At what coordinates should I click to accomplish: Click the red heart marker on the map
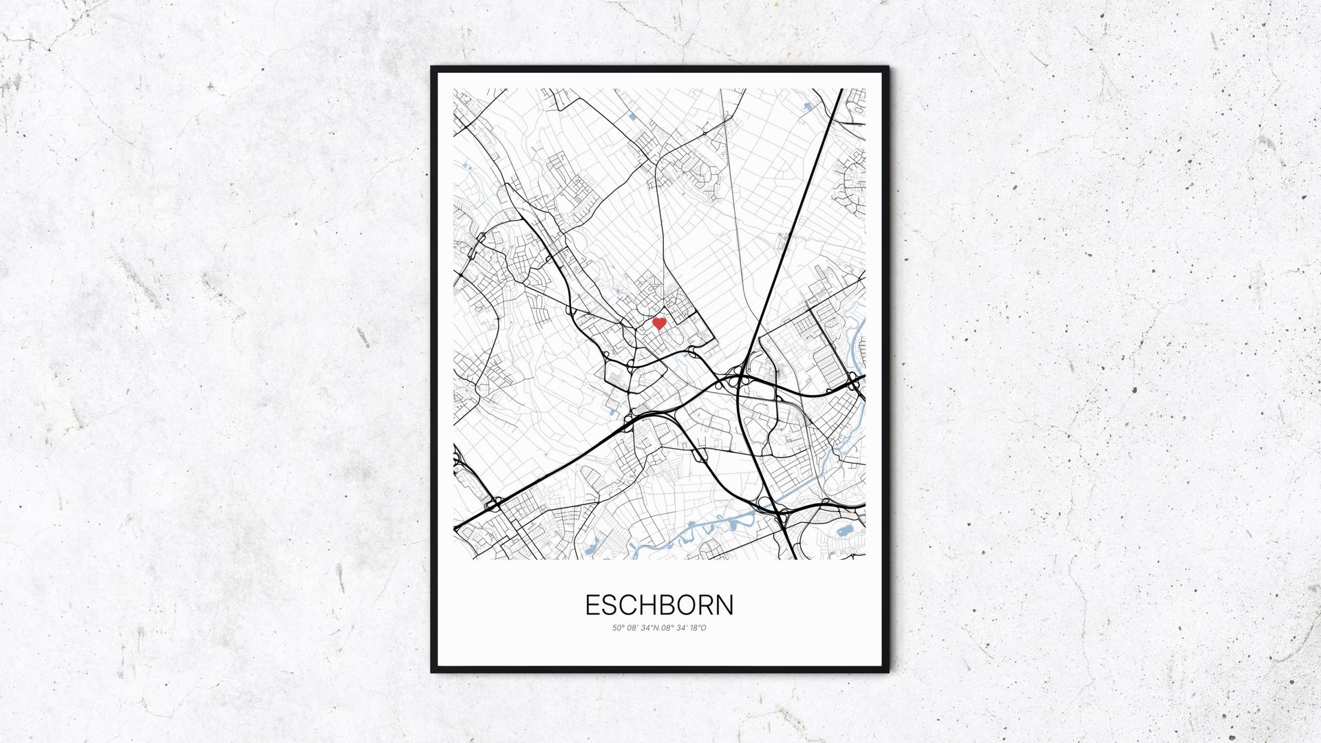658,323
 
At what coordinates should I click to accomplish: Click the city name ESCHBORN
659,605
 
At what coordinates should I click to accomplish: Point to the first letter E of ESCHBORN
592,605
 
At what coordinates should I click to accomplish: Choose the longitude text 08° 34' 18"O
683,628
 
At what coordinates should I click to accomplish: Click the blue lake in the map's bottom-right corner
844,530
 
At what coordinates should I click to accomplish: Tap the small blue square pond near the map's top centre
632,118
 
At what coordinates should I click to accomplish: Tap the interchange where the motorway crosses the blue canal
778,511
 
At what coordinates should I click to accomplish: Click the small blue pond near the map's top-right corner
807,106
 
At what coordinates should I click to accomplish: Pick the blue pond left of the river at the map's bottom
590,549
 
